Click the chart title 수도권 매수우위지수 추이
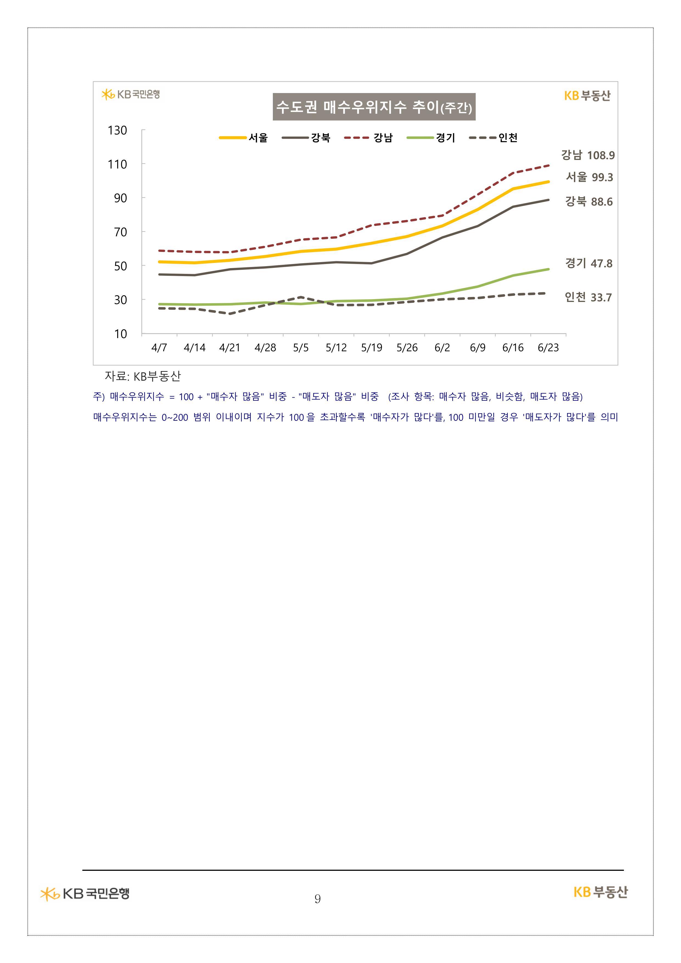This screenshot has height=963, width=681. click(374, 107)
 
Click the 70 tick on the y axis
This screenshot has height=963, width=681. click(120, 232)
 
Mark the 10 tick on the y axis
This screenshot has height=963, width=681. click(120, 334)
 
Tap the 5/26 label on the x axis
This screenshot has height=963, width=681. click(407, 348)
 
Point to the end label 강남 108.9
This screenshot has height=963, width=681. click(588, 155)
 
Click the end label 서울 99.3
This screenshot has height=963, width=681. click(589, 177)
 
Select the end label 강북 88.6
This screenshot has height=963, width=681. click(589, 202)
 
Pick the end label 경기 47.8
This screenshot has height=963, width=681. click(589, 263)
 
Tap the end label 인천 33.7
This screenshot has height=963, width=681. click(588, 297)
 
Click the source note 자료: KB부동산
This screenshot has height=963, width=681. click(143, 376)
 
